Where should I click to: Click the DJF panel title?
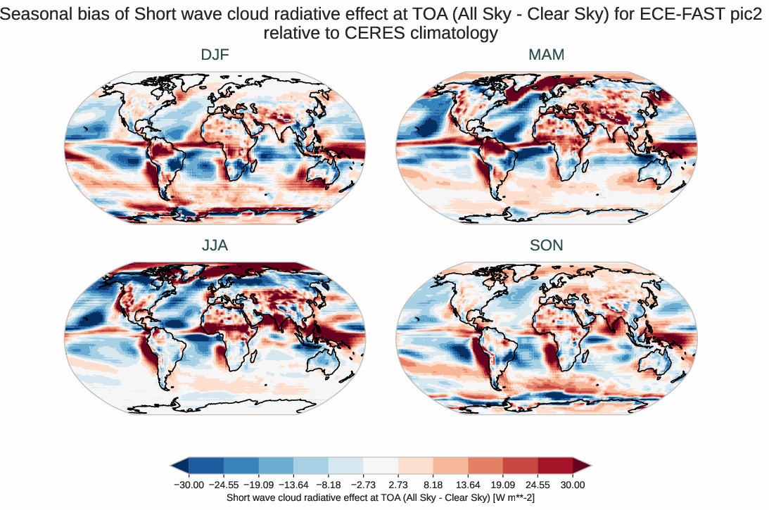(215, 55)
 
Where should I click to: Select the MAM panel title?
(547, 55)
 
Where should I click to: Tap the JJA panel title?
(215, 246)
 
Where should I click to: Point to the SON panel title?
(547, 246)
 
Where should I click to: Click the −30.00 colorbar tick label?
(189, 485)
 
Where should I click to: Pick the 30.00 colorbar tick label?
(573, 485)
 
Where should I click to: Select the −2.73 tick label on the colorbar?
(363, 485)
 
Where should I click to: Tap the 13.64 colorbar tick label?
(468, 485)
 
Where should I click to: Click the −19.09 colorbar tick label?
(258, 485)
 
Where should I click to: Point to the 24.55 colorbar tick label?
(538, 485)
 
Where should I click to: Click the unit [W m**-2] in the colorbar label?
(514, 497)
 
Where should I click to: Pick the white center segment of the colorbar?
(381, 465)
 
